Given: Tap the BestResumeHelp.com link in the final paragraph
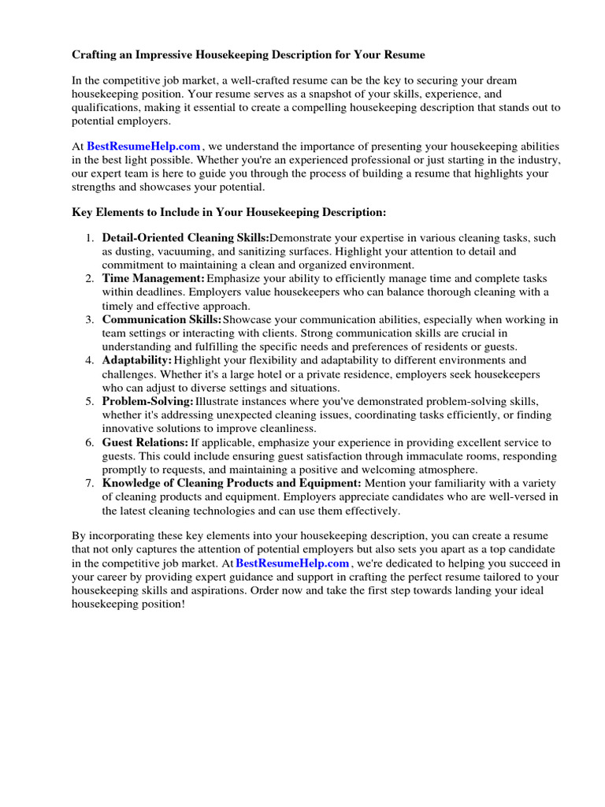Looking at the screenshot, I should point(292,563).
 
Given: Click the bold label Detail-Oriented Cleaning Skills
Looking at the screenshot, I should point(185,237).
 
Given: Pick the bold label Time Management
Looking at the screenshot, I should point(153,279).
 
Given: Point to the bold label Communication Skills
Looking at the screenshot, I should point(161,319).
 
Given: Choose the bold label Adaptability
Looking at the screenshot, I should point(136,360).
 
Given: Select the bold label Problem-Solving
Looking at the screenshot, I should point(147,401).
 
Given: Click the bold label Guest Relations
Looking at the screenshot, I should point(145,442).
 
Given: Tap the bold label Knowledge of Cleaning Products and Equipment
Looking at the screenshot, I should point(232,483).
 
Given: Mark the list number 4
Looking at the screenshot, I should point(89,360).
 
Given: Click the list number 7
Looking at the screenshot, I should point(89,483).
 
